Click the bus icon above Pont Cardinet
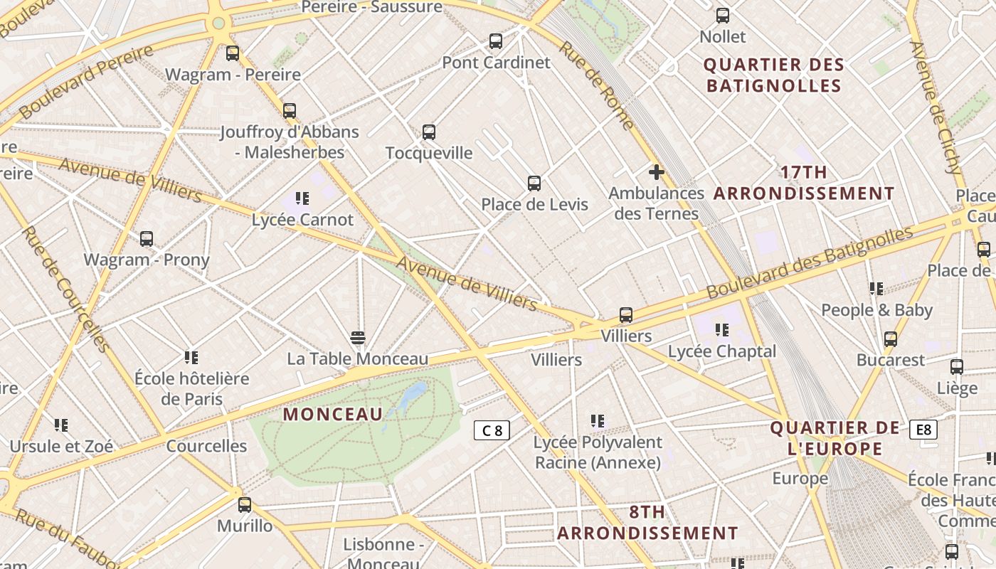pyautogui.click(x=496, y=41)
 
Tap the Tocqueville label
pyautogui.click(x=429, y=153)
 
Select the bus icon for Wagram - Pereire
pyautogui.click(x=233, y=53)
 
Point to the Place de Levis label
pyautogui.click(x=534, y=205)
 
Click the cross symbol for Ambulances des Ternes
pyautogui.click(x=656, y=172)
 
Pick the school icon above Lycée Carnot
pyautogui.click(x=302, y=198)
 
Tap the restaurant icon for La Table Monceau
pyautogui.click(x=358, y=337)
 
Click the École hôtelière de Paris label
pyautogui.click(x=192, y=388)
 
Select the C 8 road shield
pyautogui.click(x=492, y=430)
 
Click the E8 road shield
pyautogui.click(x=923, y=430)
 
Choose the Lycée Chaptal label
pyautogui.click(x=721, y=351)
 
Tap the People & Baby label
pyautogui.click(x=876, y=310)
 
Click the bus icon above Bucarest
pyautogui.click(x=891, y=339)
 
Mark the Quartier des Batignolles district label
pyautogui.click(x=773, y=75)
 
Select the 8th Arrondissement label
pyautogui.click(x=647, y=523)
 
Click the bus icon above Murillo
pyautogui.click(x=245, y=505)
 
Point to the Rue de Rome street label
pyautogui.click(x=596, y=85)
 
